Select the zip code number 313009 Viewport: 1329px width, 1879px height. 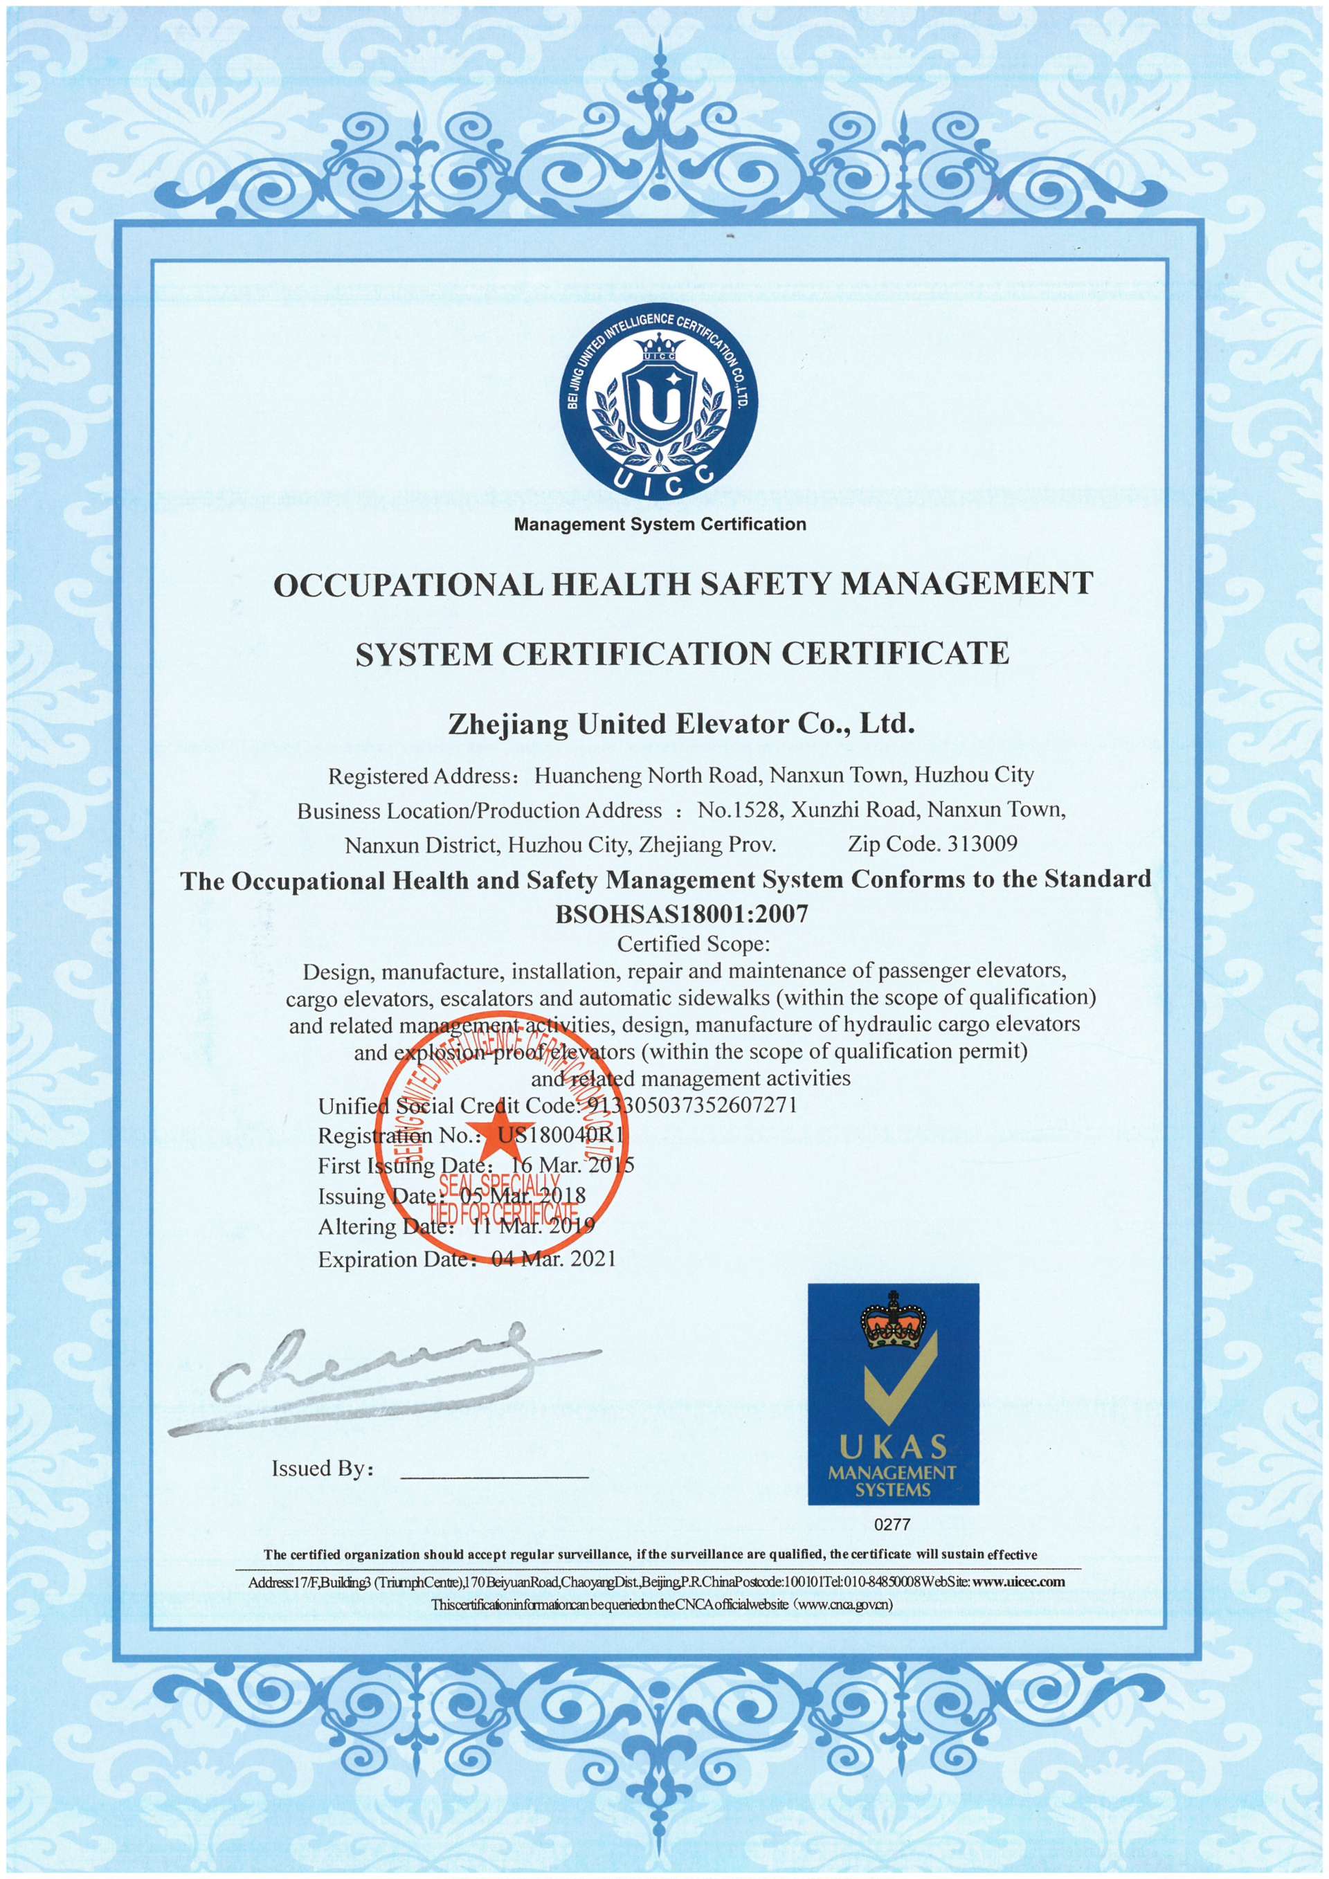(x=982, y=843)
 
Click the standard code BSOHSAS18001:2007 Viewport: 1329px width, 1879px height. (x=682, y=914)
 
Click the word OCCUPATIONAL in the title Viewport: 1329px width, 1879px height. (x=408, y=584)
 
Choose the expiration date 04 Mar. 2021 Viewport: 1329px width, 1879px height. (x=554, y=1259)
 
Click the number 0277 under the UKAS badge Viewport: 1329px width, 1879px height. (x=892, y=1524)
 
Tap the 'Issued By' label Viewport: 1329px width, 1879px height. (x=323, y=1468)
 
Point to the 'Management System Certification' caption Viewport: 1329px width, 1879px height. (x=660, y=524)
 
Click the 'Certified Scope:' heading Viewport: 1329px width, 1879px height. (x=693, y=943)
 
